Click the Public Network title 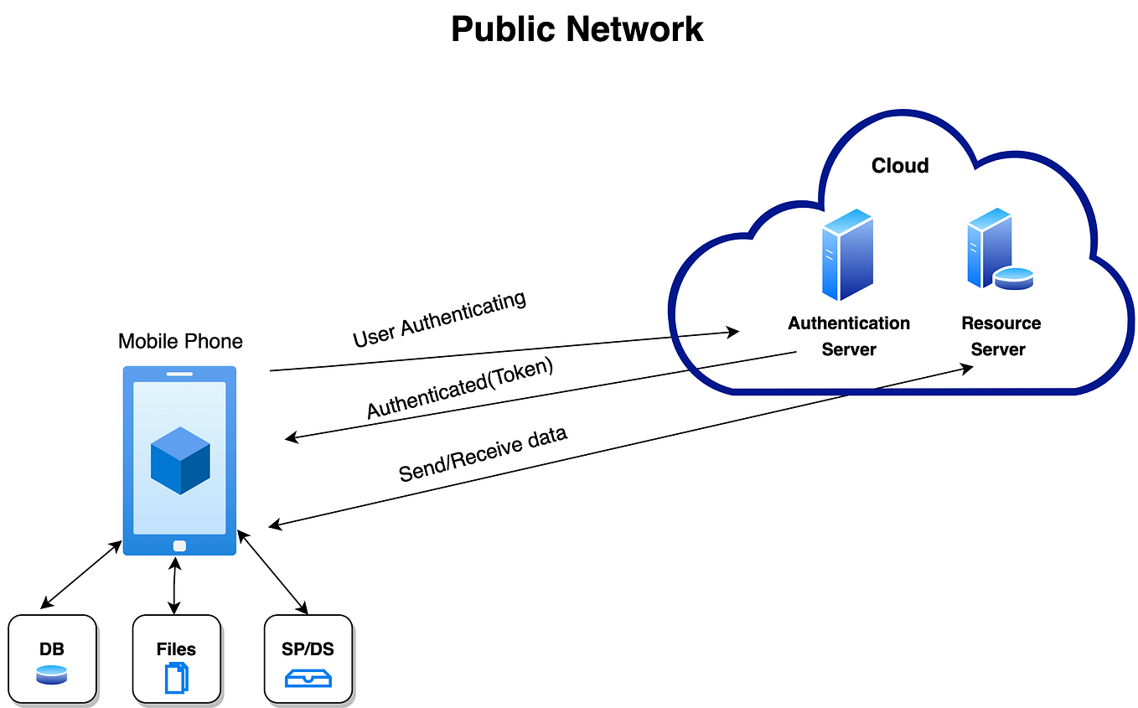click(577, 29)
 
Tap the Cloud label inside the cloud click(900, 166)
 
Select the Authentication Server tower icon click(848, 255)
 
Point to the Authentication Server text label click(849, 336)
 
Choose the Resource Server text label click(1001, 336)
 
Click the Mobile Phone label click(180, 341)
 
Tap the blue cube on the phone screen click(180, 460)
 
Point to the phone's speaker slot click(180, 374)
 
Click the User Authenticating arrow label click(439, 319)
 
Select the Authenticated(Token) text click(460, 389)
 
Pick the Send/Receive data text click(483, 454)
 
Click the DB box click(53, 659)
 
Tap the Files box click(177, 659)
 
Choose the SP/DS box click(308, 659)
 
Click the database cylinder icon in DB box click(52, 674)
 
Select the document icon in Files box click(177, 677)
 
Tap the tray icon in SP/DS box click(308, 677)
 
